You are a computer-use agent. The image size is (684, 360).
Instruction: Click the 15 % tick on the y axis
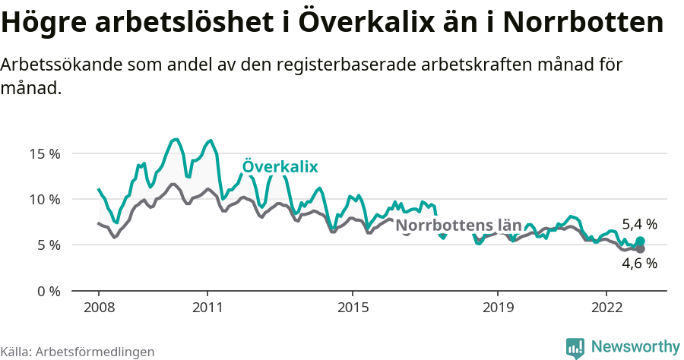point(44,153)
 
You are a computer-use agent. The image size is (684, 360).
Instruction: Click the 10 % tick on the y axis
point(44,199)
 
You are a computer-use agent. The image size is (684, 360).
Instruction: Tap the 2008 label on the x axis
point(99,308)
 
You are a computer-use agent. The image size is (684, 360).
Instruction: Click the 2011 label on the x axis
point(207,308)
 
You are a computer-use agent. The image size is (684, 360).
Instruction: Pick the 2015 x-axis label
point(352,308)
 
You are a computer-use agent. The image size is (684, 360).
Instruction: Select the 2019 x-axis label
point(497,308)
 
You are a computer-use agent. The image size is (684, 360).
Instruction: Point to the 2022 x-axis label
point(606,308)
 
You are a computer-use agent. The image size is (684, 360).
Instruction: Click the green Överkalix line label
point(280,167)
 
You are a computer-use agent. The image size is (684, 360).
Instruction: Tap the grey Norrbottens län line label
point(459,226)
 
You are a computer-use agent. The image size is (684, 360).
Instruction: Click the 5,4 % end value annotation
point(639,224)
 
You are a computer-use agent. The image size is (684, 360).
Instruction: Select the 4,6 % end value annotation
point(639,264)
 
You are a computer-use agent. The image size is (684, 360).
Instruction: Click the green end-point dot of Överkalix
point(640,242)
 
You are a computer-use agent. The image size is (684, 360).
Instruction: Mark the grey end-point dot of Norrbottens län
point(640,249)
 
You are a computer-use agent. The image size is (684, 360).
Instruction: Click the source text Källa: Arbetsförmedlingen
point(78,352)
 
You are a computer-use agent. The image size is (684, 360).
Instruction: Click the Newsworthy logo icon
point(575,347)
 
